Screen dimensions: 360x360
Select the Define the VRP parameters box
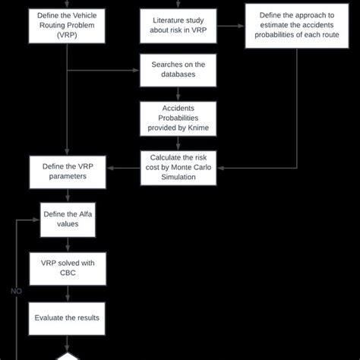(68, 172)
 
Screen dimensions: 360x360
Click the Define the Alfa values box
(68, 219)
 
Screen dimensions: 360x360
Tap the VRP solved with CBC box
(68, 268)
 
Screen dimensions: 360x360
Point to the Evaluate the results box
(68, 317)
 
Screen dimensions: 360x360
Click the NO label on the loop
(15, 290)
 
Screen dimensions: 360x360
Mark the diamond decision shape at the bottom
(68, 355)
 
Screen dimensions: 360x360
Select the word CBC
(68, 273)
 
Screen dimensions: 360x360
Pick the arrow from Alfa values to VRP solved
(68, 245)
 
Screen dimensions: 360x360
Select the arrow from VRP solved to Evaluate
(68, 293)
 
